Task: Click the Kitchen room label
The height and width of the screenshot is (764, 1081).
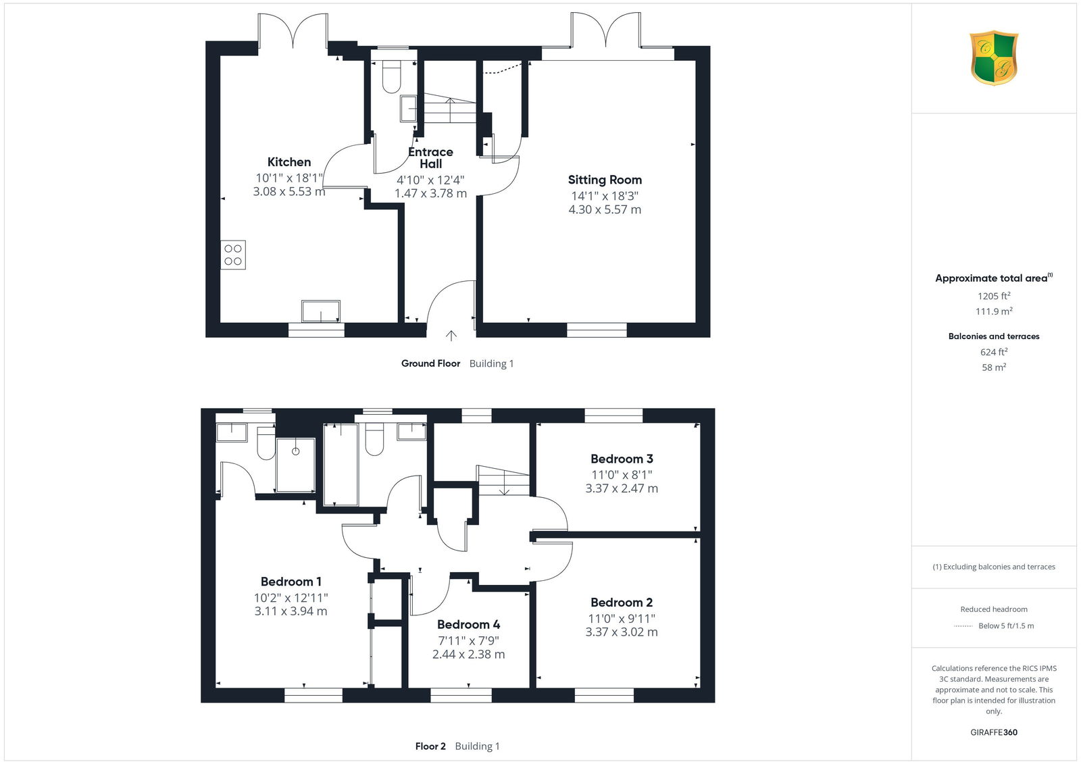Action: (x=289, y=161)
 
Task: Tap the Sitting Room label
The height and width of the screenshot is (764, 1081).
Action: (x=605, y=180)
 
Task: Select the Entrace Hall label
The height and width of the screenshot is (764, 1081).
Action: (x=430, y=158)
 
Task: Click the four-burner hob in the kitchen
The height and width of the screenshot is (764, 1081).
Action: (x=233, y=255)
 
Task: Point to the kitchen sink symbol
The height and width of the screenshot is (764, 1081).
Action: (x=321, y=311)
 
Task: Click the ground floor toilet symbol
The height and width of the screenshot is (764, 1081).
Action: (x=391, y=76)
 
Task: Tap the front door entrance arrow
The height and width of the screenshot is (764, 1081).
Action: (x=451, y=336)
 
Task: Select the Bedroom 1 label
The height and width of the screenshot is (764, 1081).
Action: (x=291, y=582)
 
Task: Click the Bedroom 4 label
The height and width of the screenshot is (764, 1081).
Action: (x=469, y=625)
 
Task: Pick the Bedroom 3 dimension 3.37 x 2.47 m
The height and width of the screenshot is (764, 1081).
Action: (x=622, y=488)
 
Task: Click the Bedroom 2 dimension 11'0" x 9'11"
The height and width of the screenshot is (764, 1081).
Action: (x=622, y=618)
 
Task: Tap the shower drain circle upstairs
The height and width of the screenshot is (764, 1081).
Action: (x=296, y=451)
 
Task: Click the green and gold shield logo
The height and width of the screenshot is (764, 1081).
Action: (x=994, y=58)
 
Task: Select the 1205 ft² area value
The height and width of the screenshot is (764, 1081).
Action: (x=994, y=296)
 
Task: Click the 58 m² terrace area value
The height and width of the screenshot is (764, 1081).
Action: (x=994, y=367)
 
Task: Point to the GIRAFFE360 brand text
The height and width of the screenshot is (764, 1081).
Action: (x=994, y=732)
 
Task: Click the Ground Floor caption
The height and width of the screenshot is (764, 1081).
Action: (x=430, y=363)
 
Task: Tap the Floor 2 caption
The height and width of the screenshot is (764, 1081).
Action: (x=430, y=746)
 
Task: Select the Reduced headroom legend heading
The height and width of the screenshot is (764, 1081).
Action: (x=994, y=609)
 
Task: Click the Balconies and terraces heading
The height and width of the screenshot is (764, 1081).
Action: (x=994, y=336)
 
